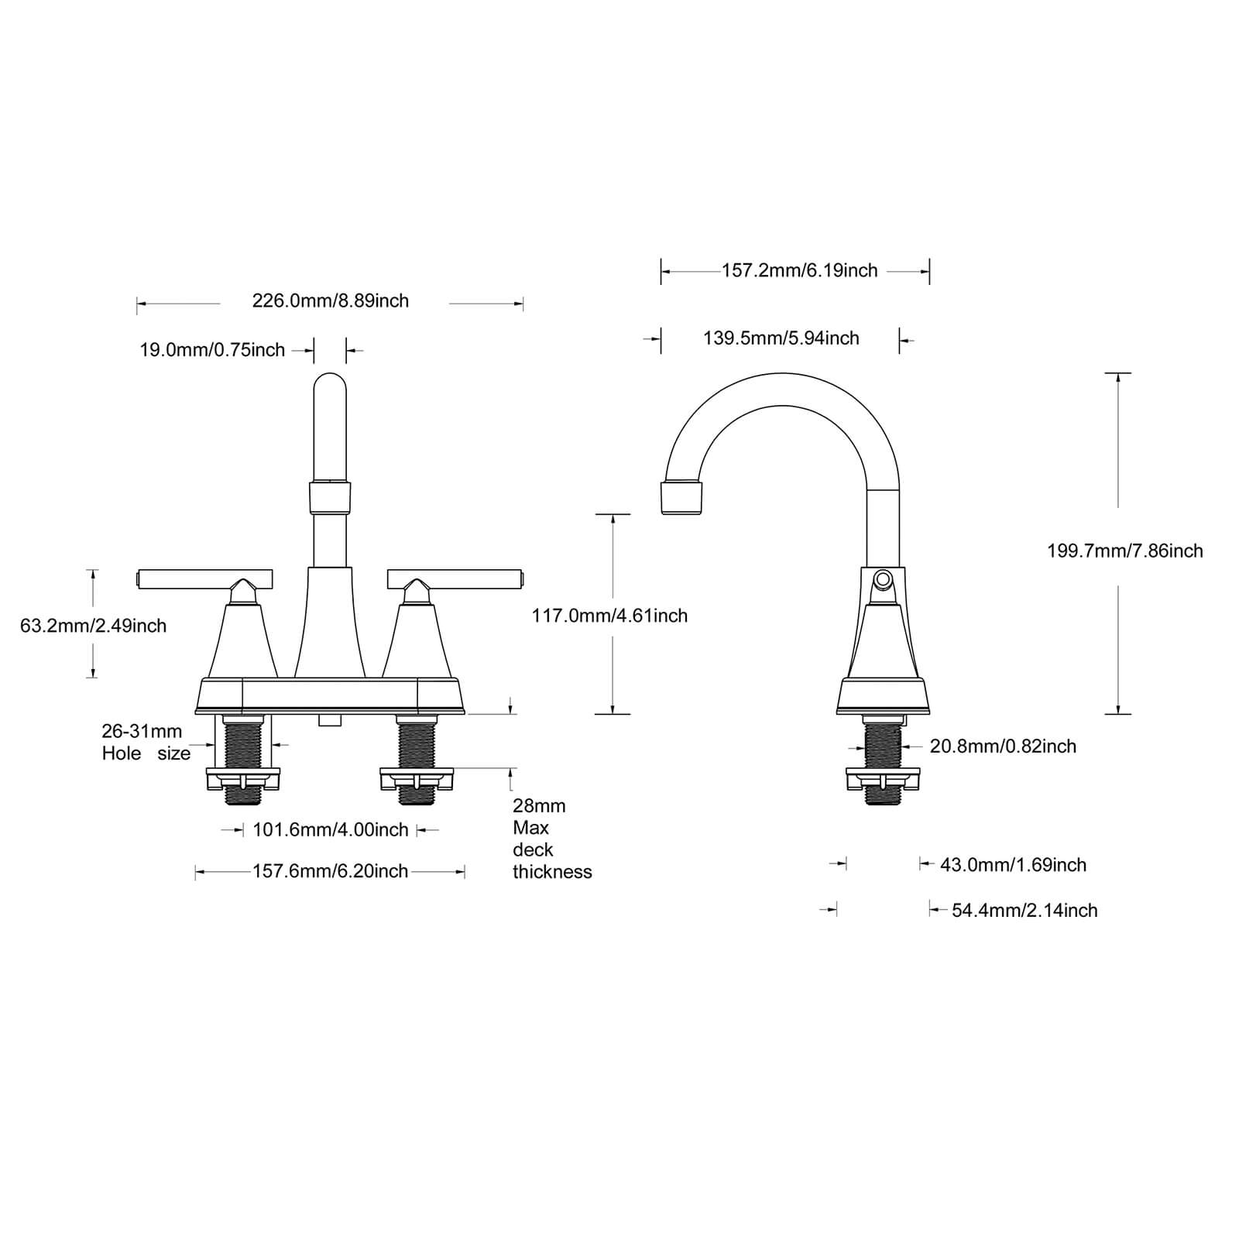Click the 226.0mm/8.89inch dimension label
[x=331, y=300]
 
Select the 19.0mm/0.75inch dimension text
[x=212, y=350]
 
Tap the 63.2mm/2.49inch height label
[x=93, y=626]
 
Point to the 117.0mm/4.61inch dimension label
[x=609, y=616]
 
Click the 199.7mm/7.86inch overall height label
[x=1124, y=551]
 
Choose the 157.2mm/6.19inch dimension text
[x=799, y=270]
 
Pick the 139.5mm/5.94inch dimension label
[x=781, y=338]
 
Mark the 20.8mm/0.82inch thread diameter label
[x=1003, y=746]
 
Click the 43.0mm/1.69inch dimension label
[x=1013, y=864]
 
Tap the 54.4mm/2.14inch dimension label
[x=1024, y=910]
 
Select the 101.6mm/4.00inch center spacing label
[x=331, y=830]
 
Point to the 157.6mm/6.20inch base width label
[x=331, y=871]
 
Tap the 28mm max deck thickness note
[x=551, y=839]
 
